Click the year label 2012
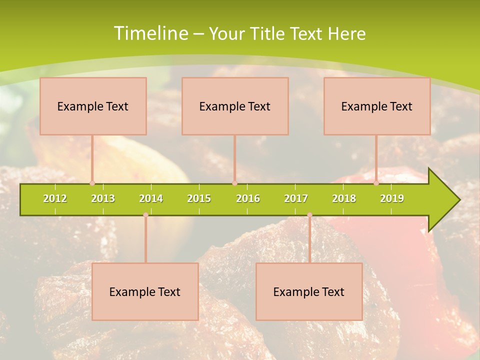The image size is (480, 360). point(55,199)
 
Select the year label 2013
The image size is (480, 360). point(103,199)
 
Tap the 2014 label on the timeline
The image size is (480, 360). point(151,199)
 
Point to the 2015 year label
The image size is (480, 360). point(199,199)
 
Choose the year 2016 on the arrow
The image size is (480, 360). point(248,199)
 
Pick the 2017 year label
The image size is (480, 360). point(296,199)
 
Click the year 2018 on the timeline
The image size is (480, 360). point(344,199)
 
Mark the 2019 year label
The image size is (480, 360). point(392,199)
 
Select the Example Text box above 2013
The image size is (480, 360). point(93,106)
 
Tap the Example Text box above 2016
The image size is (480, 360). point(235,106)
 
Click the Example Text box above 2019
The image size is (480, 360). point(377,106)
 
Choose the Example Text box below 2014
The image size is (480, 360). point(145,291)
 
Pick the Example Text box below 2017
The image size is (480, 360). point(309,291)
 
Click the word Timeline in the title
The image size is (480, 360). point(150,33)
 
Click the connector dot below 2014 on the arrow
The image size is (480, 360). point(145,215)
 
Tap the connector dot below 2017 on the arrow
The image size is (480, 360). point(309,215)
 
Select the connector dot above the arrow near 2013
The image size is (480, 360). point(92,183)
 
